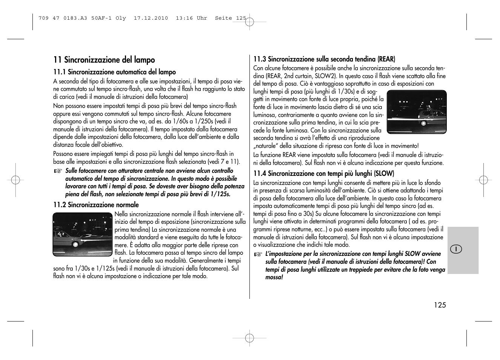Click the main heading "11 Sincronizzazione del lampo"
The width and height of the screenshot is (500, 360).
104,60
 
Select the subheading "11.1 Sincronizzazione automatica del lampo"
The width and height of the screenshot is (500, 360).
114,72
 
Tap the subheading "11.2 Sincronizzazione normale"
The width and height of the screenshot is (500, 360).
96,205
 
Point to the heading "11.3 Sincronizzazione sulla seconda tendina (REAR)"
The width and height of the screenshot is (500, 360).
324,59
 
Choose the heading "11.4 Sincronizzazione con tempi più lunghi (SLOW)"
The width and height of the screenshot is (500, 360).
323,174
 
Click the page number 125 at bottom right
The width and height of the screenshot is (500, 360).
440,305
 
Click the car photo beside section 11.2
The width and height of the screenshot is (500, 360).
83,234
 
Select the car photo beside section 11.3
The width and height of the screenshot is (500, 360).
417,112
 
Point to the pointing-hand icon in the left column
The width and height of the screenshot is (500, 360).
57,171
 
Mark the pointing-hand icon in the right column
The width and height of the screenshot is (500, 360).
257,254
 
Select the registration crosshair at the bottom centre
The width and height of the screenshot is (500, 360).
249,338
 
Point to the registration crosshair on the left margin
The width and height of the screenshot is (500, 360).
15,180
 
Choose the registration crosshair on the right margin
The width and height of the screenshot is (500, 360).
483,180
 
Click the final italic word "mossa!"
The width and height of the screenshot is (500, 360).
274,277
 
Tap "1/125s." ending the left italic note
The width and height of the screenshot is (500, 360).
220,194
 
